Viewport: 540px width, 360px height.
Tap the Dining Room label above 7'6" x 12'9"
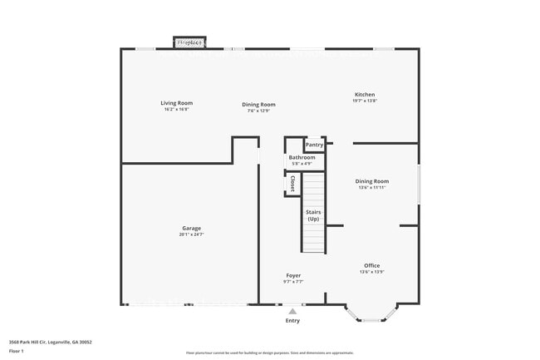tap(258, 105)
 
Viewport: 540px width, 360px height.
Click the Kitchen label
tap(365, 95)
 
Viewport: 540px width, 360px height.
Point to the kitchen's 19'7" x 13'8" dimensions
tap(365, 101)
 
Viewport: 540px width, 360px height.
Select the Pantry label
tap(314, 145)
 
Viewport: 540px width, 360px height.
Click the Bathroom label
tap(302, 157)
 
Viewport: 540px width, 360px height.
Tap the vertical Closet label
tap(292, 184)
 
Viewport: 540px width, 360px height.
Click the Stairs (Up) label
tap(313, 215)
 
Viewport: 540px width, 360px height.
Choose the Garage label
tap(191, 228)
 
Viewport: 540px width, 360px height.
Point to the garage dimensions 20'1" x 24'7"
tap(191, 234)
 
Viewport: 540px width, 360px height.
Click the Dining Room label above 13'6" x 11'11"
tap(372, 180)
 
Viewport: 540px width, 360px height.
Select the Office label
tap(371, 266)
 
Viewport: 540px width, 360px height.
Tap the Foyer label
tap(293, 275)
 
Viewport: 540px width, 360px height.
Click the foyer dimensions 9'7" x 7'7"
tap(293, 282)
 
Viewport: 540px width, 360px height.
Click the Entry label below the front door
tap(292, 320)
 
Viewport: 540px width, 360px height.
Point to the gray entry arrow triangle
tap(292, 311)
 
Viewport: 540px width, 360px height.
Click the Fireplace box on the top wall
tap(190, 42)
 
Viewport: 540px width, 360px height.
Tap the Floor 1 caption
tap(17, 352)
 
